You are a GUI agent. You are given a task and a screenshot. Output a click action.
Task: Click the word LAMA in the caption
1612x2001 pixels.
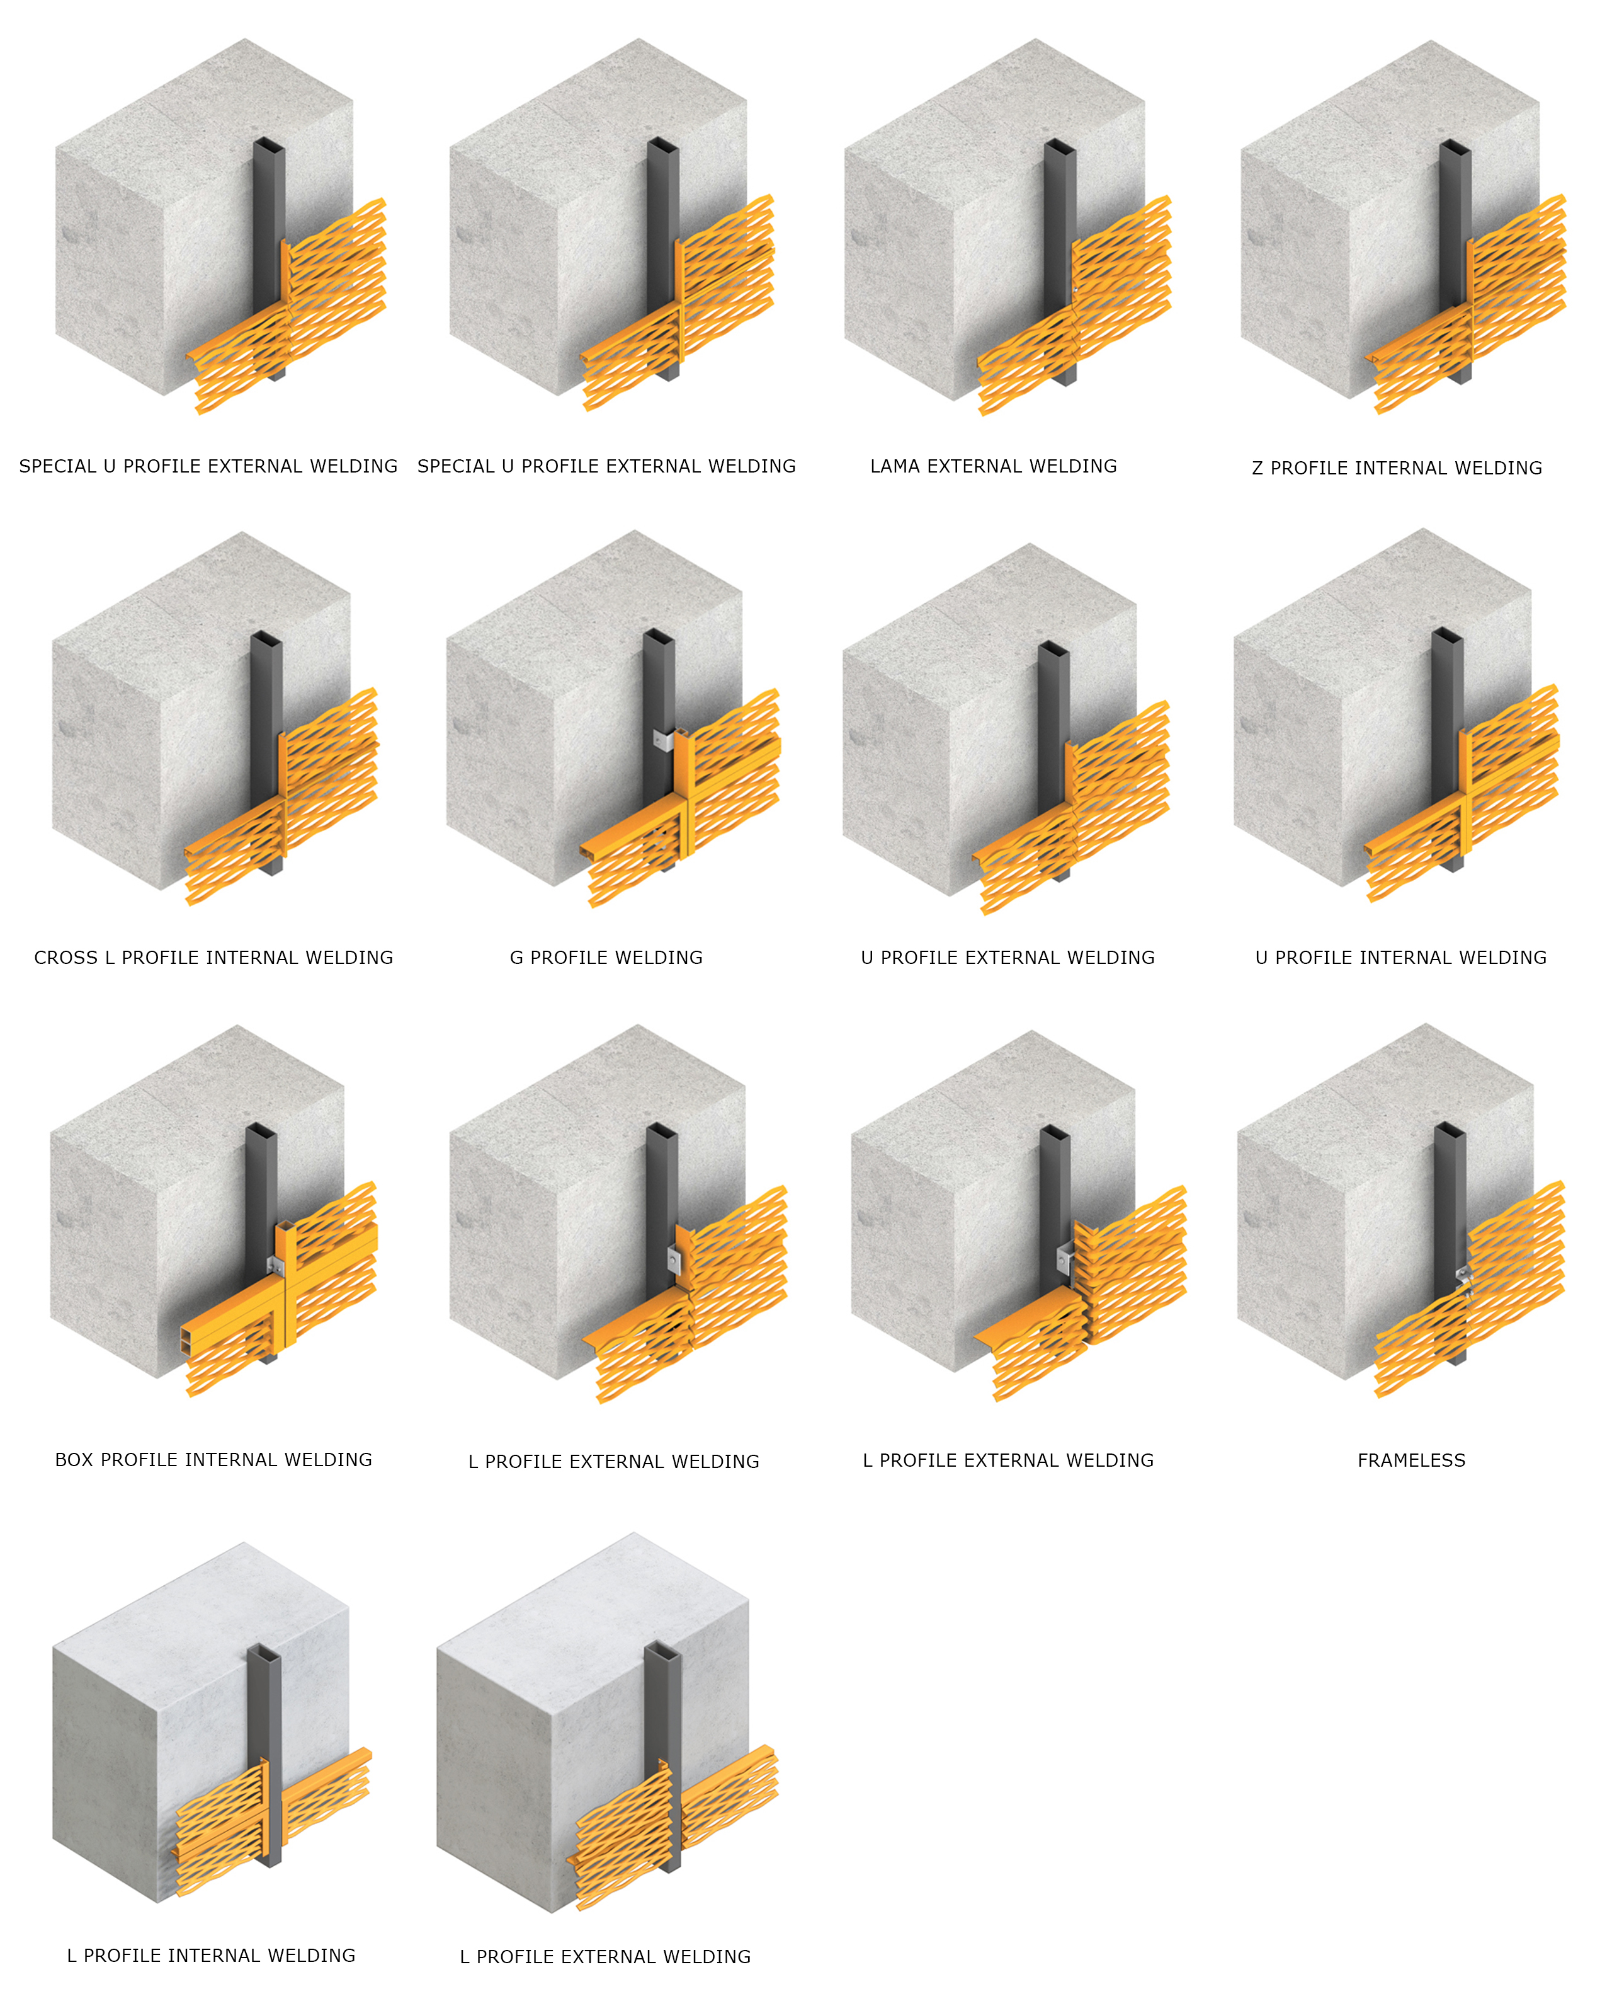pyautogui.click(x=894, y=466)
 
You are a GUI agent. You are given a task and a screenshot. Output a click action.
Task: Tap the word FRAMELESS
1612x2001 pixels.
pyautogui.click(x=1411, y=1460)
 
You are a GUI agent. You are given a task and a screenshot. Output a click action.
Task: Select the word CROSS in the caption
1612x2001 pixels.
pyautogui.click(x=66, y=958)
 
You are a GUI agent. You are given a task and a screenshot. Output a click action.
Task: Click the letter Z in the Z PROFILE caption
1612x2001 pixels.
pyautogui.click(x=1257, y=468)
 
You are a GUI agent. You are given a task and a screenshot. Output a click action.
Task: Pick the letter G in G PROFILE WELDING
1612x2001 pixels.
pyautogui.click(x=516, y=958)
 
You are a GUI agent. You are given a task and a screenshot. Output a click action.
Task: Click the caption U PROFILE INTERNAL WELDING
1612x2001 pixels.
pyautogui.click(x=1401, y=958)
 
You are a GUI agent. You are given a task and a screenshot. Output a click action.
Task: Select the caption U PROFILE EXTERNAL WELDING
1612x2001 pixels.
pyautogui.click(x=1007, y=958)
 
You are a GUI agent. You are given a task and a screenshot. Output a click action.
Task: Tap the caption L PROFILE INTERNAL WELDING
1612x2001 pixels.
pyautogui.click(x=211, y=1956)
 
